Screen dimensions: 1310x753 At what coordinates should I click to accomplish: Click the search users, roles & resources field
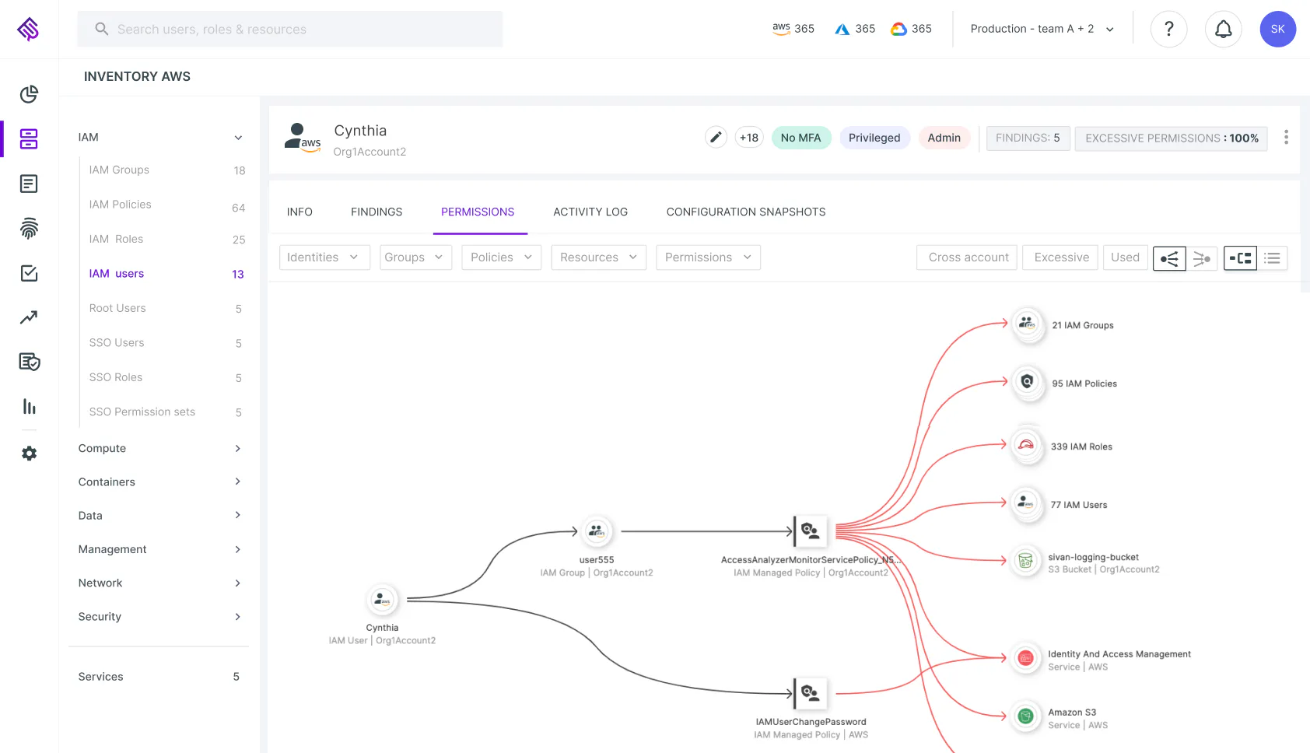pyautogui.click(x=290, y=29)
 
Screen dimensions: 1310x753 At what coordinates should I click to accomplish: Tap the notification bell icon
pyautogui.click(x=1223, y=29)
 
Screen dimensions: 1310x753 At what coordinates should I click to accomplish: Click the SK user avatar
pyautogui.click(x=1277, y=29)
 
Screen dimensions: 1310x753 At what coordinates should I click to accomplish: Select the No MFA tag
pyautogui.click(x=800, y=138)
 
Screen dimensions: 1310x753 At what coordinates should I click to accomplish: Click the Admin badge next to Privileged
pyautogui.click(x=944, y=138)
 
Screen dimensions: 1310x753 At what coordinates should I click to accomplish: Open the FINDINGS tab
pyautogui.click(x=377, y=212)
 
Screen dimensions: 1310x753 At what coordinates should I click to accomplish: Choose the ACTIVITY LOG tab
pyautogui.click(x=590, y=212)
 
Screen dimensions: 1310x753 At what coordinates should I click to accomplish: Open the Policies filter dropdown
pyautogui.click(x=501, y=257)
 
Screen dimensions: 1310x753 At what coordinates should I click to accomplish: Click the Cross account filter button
pyautogui.click(x=967, y=257)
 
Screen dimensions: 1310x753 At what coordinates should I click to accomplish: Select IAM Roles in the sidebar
pyautogui.click(x=116, y=239)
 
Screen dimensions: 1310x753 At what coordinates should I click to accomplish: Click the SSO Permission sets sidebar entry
pyautogui.click(x=142, y=412)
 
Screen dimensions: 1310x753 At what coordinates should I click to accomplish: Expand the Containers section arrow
pyautogui.click(x=237, y=482)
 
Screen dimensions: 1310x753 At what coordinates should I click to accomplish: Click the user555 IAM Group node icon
pyautogui.click(x=596, y=531)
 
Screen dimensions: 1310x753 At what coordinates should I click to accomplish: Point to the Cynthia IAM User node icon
pyautogui.click(x=382, y=599)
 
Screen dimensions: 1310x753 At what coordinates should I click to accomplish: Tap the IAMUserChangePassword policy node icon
pyautogui.click(x=810, y=693)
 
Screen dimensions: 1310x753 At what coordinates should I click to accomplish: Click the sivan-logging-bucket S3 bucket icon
pyautogui.click(x=1025, y=561)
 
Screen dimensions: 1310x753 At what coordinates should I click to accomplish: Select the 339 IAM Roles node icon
pyautogui.click(x=1026, y=446)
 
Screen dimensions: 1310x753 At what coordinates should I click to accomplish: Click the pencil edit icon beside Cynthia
pyautogui.click(x=716, y=138)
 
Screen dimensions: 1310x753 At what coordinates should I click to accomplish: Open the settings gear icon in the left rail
pyautogui.click(x=29, y=453)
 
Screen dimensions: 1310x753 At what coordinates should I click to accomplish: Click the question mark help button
pyautogui.click(x=1168, y=29)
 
